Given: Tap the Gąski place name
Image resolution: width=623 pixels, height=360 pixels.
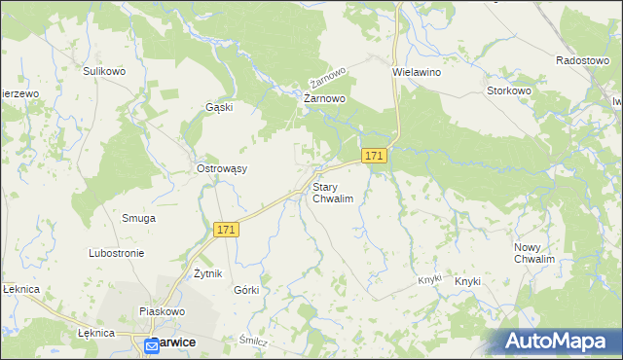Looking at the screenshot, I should tap(219, 107).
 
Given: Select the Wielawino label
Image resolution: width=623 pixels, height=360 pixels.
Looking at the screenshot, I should tap(417, 72).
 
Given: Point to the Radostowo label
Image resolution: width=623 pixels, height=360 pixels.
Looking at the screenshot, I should tap(582, 59).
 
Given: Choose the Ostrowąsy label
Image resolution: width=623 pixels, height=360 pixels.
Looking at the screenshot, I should tap(222, 168).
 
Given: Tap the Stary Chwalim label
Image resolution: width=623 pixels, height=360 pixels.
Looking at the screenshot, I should tap(332, 192).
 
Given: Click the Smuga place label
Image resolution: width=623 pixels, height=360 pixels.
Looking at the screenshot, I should tap(138, 218).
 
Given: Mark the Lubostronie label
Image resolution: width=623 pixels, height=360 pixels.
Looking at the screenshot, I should tap(116, 253).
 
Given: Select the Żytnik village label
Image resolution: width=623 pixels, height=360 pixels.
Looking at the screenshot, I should tap(209, 273).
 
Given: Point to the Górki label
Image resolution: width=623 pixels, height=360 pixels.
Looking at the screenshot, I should tap(246, 290).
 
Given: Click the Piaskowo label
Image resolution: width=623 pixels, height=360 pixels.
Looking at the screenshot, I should tap(162, 311).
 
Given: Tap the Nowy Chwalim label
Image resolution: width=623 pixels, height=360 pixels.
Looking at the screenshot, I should tap(534, 253).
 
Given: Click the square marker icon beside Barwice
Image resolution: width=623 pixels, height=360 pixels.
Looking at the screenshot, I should tap(152, 344).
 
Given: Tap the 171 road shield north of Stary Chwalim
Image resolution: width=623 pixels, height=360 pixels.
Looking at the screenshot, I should tap(375, 156).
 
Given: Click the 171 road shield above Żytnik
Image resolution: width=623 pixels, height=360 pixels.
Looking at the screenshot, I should tap(226, 229).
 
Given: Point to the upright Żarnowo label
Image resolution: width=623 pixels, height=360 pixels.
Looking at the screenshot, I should tap(325, 98).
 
